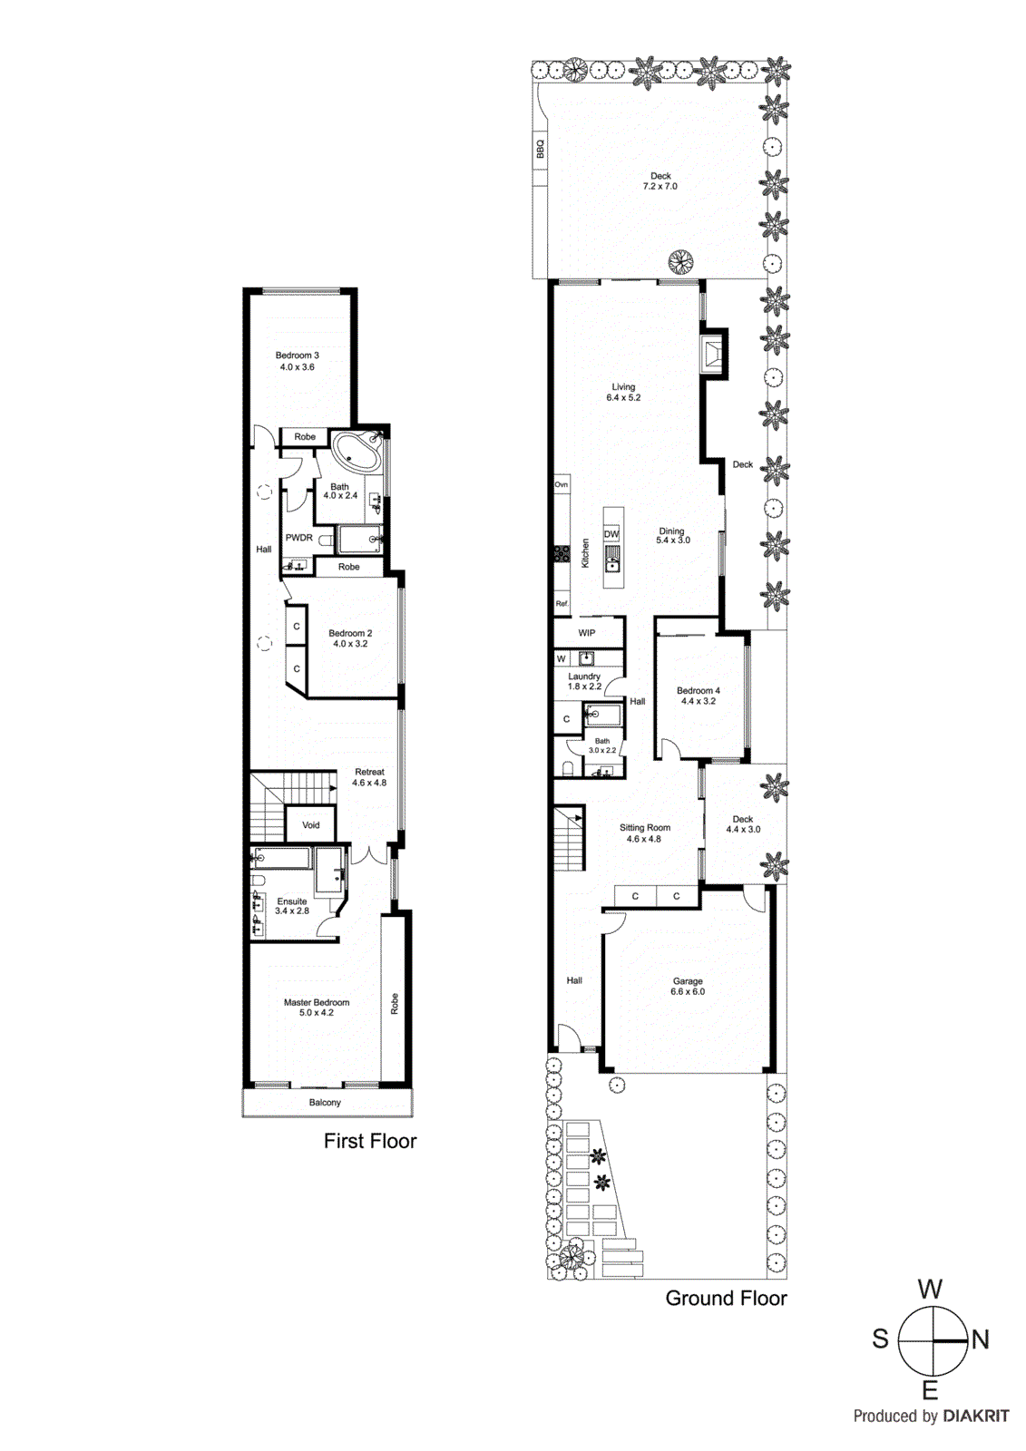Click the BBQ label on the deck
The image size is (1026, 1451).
click(541, 150)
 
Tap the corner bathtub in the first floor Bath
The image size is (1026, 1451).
click(357, 452)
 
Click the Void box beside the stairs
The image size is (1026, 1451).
click(311, 825)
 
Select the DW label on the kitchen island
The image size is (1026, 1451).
click(611, 534)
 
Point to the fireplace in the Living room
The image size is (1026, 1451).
click(713, 352)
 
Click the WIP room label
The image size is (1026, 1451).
click(587, 633)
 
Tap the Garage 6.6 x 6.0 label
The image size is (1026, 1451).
click(688, 987)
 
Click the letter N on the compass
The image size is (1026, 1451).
click(980, 1339)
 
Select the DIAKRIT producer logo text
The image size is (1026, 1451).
click(975, 1416)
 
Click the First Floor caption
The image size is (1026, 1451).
click(370, 1141)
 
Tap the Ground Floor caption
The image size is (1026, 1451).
click(726, 1298)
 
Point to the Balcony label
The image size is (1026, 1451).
click(325, 1103)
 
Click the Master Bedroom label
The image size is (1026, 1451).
click(316, 1008)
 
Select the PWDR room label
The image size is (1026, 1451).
click(298, 538)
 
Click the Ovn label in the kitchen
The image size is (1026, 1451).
click(562, 485)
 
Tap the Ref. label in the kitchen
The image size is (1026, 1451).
click(562, 604)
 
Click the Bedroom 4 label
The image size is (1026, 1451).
click(698, 696)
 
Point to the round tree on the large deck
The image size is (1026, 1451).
click(680, 262)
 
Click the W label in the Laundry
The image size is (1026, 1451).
click(562, 658)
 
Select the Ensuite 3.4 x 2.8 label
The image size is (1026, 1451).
click(292, 906)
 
